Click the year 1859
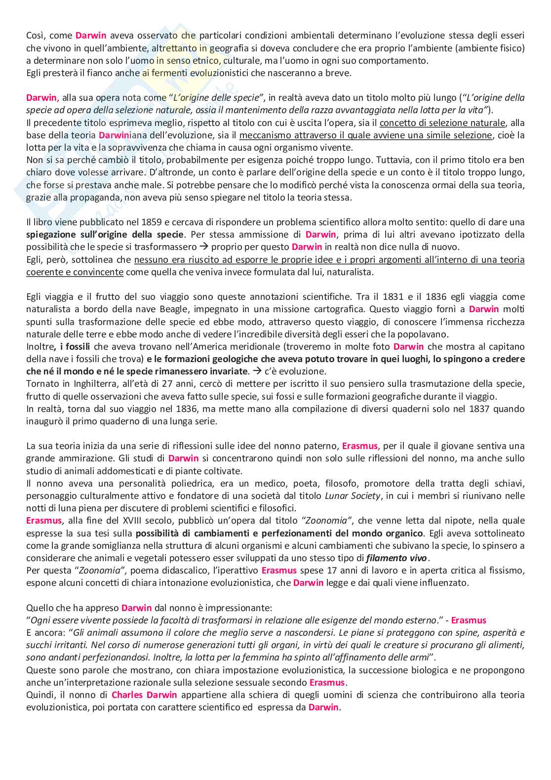point(151,222)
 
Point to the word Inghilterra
point(86,384)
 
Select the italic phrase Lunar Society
point(353,495)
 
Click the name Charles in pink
point(127,695)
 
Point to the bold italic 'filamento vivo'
point(397,558)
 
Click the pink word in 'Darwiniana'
point(114,135)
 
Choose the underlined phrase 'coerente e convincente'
point(75,272)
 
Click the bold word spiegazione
point(51,235)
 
